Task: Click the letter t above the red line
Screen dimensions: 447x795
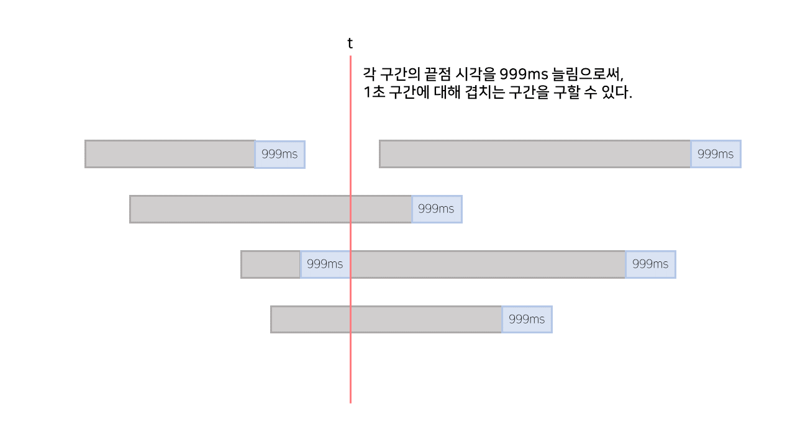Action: [x=350, y=43]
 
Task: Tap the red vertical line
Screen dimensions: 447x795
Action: [x=350, y=372]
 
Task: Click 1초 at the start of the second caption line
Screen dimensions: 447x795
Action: [x=373, y=94]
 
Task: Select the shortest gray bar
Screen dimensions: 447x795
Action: [x=270, y=264]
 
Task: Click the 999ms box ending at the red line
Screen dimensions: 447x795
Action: [x=325, y=264]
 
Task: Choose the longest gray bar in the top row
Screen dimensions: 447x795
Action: [x=535, y=154]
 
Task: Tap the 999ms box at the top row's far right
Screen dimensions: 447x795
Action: [x=715, y=154]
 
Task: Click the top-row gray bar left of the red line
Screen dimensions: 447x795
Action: [x=170, y=154]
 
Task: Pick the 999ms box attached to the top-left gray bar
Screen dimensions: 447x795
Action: [x=279, y=154]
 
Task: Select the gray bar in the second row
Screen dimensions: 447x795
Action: [x=270, y=209]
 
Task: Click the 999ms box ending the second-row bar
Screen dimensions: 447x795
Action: [x=436, y=209]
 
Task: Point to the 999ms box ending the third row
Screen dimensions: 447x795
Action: [x=650, y=264]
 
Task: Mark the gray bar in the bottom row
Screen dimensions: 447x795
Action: [x=386, y=320]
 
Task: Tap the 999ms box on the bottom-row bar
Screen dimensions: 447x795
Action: [x=527, y=320]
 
